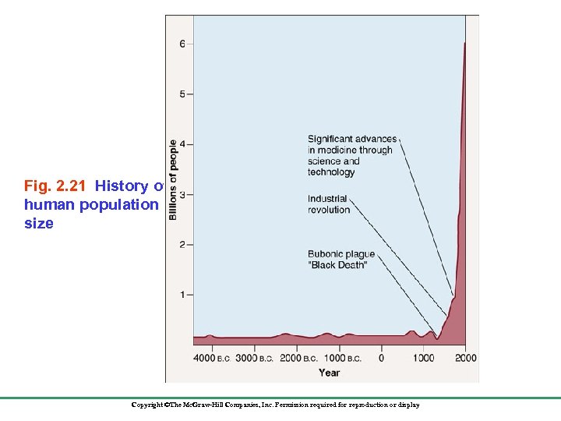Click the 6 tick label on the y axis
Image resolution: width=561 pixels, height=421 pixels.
click(182, 44)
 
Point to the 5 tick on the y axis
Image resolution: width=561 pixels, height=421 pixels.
click(182, 94)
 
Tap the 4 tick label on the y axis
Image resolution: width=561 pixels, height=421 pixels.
click(182, 144)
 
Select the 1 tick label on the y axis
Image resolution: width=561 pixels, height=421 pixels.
click(182, 295)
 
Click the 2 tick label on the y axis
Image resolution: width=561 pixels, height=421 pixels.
click(182, 245)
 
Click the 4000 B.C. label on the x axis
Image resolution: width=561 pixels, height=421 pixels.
click(210, 358)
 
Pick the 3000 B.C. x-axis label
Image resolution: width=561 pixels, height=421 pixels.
click(254, 358)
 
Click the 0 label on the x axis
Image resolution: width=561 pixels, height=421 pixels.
click(381, 358)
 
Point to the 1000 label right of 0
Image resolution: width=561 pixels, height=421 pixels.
click(423, 358)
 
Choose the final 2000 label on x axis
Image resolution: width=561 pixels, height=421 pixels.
click(465, 358)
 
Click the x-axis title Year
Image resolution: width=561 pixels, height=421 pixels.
click(329, 373)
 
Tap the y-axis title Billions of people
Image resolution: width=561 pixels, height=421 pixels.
click(172, 179)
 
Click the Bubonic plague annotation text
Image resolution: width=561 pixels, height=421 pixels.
click(341, 259)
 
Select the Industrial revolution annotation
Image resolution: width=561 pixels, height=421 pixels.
click(329, 204)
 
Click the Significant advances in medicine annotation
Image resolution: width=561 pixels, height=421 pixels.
click(350, 155)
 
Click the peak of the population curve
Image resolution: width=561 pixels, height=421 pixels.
click(465, 44)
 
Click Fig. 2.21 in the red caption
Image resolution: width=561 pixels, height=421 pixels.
click(58, 186)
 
